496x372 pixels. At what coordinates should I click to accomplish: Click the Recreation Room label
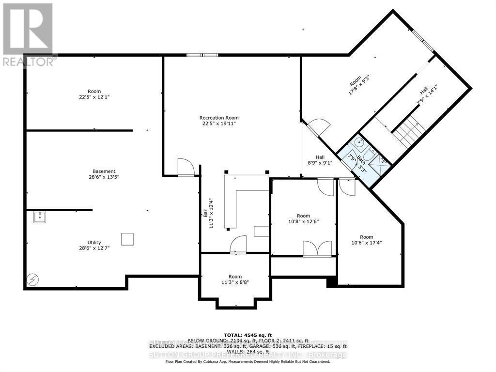pyautogui.click(x=219, y=118)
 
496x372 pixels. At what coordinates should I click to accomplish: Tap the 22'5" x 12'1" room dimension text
pyautogui.click(x=94, y=97)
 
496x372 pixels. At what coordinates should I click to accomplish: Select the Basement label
pyautogui.click(x=104, y=171)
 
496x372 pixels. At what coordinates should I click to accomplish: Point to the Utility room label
pyautogui.click(x=94, y=242)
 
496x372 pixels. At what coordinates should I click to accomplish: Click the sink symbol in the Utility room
pyautogui.click(x=39, y=217)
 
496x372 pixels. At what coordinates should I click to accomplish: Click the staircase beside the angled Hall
pyautogui.click(x=409, y=129)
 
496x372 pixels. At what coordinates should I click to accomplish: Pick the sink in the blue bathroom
pyautogui.click(x=359, y=142)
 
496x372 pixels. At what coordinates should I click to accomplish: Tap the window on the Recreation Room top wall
pyautogui.click(x=202, y=55)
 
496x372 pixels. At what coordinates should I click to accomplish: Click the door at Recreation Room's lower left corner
pyautogui.click(x=186, y=167)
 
